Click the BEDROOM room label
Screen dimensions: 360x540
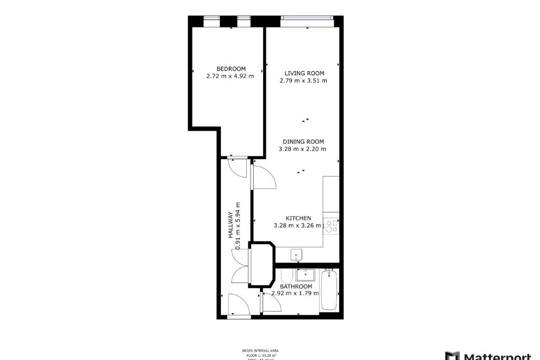pyautogui.click(x=231, y=69)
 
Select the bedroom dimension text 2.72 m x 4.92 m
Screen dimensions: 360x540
pyautogui.click(x=230, y=76)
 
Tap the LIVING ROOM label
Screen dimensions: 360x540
pyautogui.click(x=304, y=73)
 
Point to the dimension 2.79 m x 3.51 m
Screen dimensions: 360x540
pyautogui.click(x=303, y=81)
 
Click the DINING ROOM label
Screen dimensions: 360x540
pyautogui.click(x=303, y=142)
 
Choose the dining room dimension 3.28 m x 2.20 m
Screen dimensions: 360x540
pyautogui.click(x=302, y=149)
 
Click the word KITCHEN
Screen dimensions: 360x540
pyautogui.click(x=298, y=218)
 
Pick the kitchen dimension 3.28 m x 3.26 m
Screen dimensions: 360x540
pyautogui.click(x=297, y=226)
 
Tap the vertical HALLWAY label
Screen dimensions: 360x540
pyautogui.click(x=231, y=225)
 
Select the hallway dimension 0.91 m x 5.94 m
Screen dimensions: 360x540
pyautogui.click(x=238, y=226)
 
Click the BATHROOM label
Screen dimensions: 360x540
pyautogui.click(x=296, y=287)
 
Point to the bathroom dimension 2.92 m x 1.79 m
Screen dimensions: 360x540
pyautogui.click(x=295, y=294)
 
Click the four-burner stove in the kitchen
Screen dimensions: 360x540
pyautogui.click(x=331, y=226)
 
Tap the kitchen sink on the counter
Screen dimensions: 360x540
pyautogui.click(x=297, y=254)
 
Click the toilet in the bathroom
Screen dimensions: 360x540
pyautogui.click(x=286, y=276)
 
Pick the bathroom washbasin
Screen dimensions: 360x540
pyautogui.click(x=305, y=275)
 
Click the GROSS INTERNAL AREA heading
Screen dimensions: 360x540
pyautogui.click(x=260, y=351)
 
